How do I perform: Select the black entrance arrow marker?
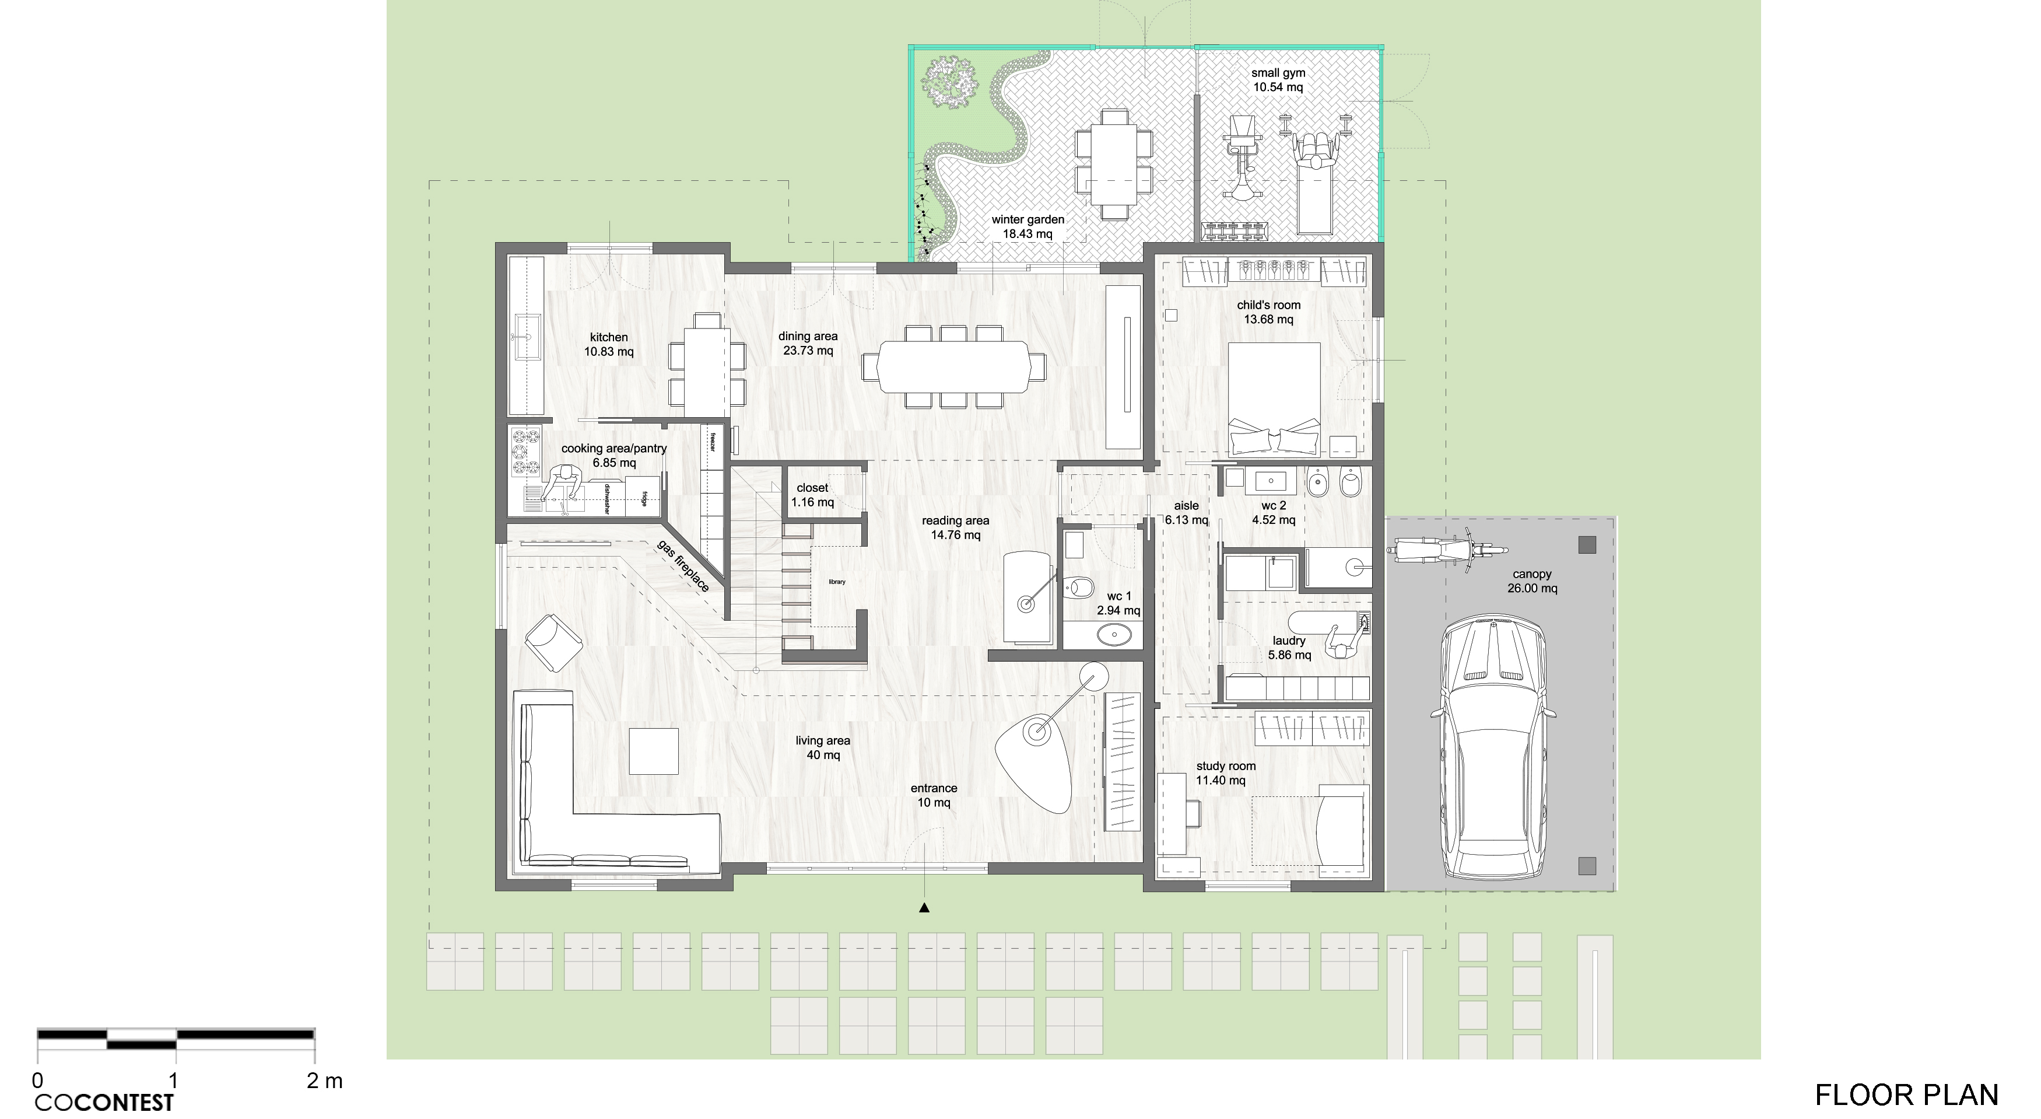click(x=924, y=908)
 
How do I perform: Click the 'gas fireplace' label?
click(x=683, y=566)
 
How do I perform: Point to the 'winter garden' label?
click(x=1027, y=219)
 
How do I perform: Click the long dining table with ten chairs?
click(x=954, y=366)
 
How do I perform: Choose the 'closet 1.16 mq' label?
click(x=812, y=495)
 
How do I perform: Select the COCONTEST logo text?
click(x=104, y=1102)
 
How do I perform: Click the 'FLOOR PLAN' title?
click(x=1906, y=1094)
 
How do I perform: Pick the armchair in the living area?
click(x=553, y=642)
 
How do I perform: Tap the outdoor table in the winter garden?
click(x=1113, y=165)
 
